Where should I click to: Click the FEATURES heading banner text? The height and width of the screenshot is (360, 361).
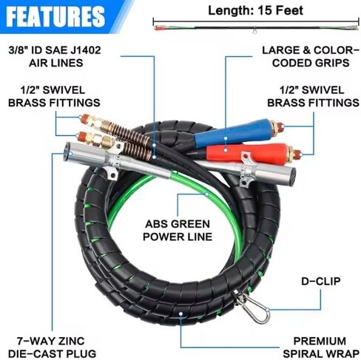pyautogui.click(x=55, y=16)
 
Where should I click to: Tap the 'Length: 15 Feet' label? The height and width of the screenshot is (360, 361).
pyautogui.click(x=255, y=10)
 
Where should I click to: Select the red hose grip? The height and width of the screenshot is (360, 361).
pyautogui.click(x=246, y=152)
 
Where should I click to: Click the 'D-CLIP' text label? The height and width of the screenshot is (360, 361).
pyautogui.click(x=321, y=282)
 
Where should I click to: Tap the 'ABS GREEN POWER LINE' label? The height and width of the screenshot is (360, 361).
pyautogui.click(x=178, y=231)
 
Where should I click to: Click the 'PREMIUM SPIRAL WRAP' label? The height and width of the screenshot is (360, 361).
pyautogui.click(x=321, y=347)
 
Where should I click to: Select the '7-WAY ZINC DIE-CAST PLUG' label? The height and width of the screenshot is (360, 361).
pyautogui.click(x=52, y=347)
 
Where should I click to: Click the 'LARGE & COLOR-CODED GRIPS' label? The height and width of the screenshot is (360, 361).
pyautogui.click(x=311, y=56)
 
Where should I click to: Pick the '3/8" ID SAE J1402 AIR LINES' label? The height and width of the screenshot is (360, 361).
pyautogui.click(x=55, y=56)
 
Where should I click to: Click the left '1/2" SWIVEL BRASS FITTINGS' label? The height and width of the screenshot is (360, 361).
pyautogui.click(x=54, y=96)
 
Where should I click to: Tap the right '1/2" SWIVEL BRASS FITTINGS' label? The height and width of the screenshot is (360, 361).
pyautogui.click(x=313, y=96)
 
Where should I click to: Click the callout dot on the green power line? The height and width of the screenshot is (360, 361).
pyautogui.click(x=207, y=194)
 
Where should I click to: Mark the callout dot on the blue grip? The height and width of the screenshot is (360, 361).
pyautogui.click(x=226, y=138)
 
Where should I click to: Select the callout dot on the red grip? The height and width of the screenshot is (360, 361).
pyautogui.click(x=226, y=149)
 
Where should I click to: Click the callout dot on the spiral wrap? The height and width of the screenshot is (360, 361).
pyautogui.click(x=180, y=313)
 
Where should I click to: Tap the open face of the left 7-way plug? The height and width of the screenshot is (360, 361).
pyautogui.click(x=69, y=153)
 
